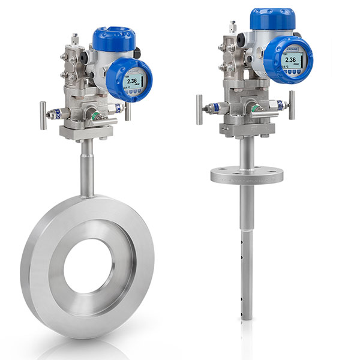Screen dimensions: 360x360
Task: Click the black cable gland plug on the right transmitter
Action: (242, 37)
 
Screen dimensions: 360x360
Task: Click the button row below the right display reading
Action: (292, 71)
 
